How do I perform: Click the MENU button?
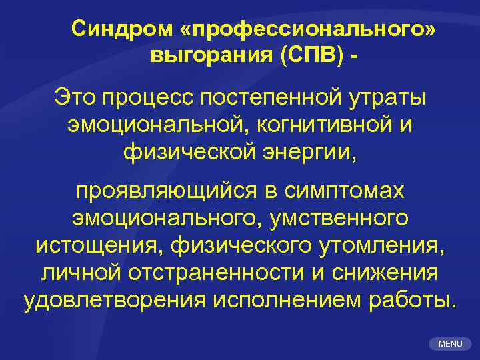coord(451,343)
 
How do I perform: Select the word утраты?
coord(391,97)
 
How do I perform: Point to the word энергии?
coord(310,153)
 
